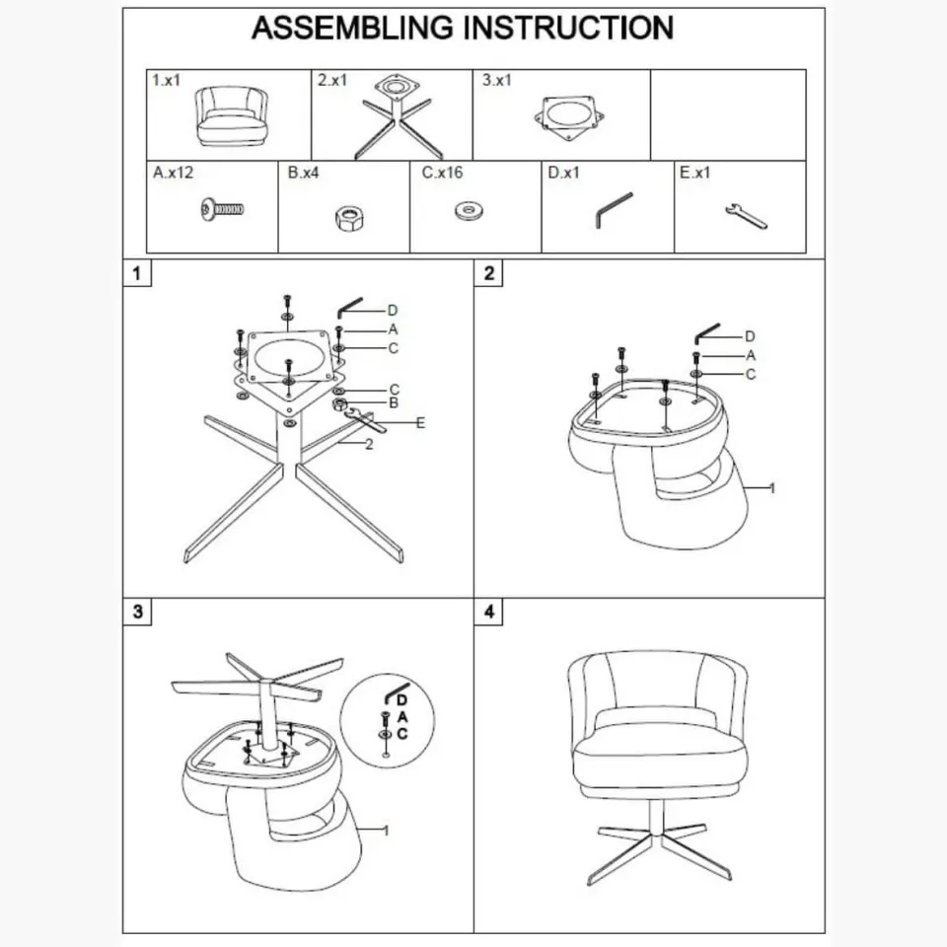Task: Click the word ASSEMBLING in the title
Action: point(352,29)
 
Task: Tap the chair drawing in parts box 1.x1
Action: point(232,116)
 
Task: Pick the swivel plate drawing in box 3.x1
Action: point(569,117)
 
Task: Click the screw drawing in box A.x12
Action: point(222,209)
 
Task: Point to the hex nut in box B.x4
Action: point(349,219)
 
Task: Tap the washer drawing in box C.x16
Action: point(469,211)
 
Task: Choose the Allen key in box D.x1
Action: point(613,210)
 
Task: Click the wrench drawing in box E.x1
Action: point(746,215)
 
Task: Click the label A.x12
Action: point(173,173)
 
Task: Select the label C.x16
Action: point(442,173)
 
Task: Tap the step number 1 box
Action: point(137,273)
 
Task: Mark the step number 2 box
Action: point(488,273)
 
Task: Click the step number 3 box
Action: point(137,612)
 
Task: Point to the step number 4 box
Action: point(488,612)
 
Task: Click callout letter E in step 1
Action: point(420,423)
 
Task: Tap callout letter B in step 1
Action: point(394,402)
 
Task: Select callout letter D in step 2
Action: point(750,336)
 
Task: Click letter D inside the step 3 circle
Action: point(402,700)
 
